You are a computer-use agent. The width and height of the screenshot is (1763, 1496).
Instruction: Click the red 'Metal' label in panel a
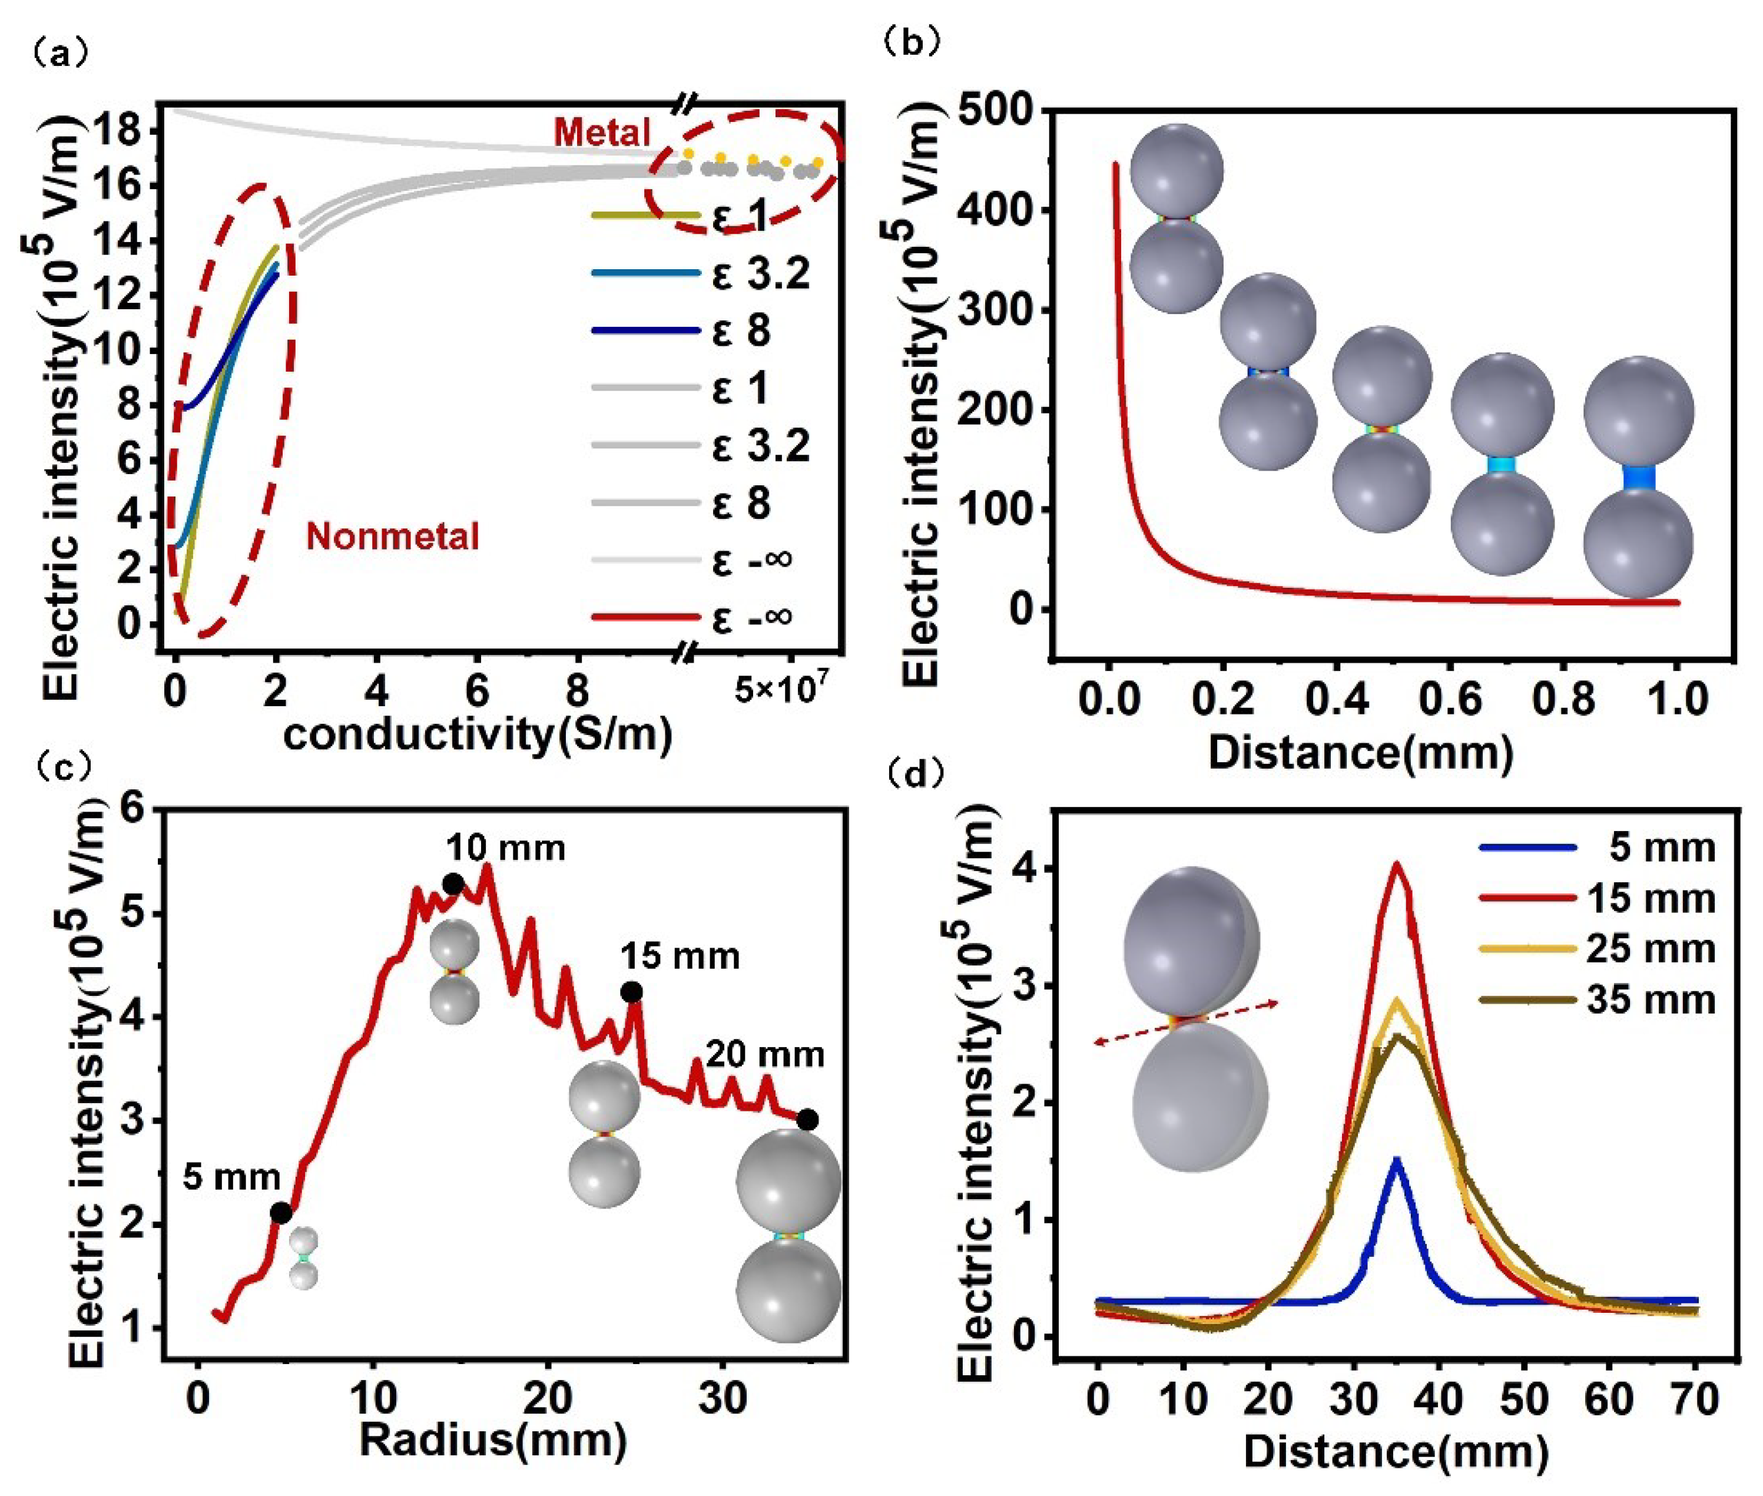point(601,133)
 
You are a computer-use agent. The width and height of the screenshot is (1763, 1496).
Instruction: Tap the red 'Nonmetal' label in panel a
point(393,537)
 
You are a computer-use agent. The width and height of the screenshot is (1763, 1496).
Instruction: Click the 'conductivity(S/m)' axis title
point(478,734)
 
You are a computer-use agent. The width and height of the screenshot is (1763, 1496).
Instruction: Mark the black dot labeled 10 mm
point(453,885)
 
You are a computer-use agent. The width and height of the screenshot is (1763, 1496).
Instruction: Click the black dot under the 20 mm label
point(807,1120)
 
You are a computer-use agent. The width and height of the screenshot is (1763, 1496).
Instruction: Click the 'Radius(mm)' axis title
point(493,1440)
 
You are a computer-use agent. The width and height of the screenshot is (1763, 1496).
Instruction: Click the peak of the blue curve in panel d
point(1396,1159)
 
